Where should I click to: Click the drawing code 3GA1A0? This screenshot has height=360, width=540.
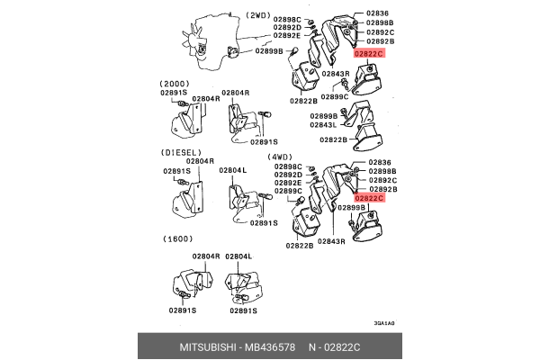tap(385, 323)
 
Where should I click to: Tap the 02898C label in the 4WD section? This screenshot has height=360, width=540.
tap(287, 167)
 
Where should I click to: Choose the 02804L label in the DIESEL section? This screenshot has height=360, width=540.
tap(232, 170)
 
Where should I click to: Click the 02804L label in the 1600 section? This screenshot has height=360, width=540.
tap(238, 256)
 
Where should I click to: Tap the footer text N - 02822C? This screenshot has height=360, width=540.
tap(349, 347)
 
